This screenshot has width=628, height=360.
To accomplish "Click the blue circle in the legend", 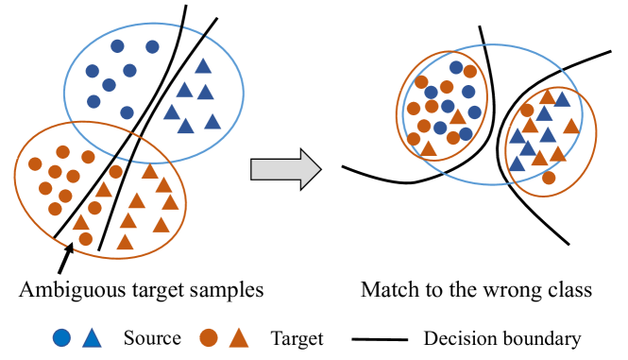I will pos(62,337).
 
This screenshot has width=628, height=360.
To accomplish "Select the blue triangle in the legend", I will pos(93,336).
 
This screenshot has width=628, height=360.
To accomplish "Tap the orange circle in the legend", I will pos(209,337).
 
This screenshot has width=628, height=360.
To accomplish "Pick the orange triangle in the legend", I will pos(239,336).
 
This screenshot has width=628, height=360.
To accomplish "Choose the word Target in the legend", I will pos(297,337).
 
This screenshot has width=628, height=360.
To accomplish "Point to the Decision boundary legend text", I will pos(502,337).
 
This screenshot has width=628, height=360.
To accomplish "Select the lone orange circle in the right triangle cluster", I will pos(549,178).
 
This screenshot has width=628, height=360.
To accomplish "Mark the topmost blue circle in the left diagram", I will pos(117,45).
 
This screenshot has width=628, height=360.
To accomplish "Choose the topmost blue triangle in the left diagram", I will pos(203,67).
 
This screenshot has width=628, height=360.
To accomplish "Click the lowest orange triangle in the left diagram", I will pos(125,242).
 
